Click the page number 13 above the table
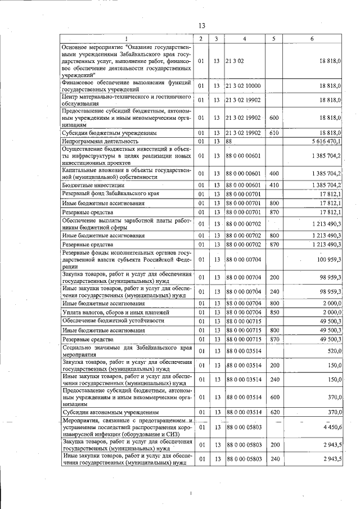[202, 25]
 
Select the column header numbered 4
[245, 39]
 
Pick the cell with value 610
[274, 133]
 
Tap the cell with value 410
[274, 185]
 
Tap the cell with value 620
[274, 412]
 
